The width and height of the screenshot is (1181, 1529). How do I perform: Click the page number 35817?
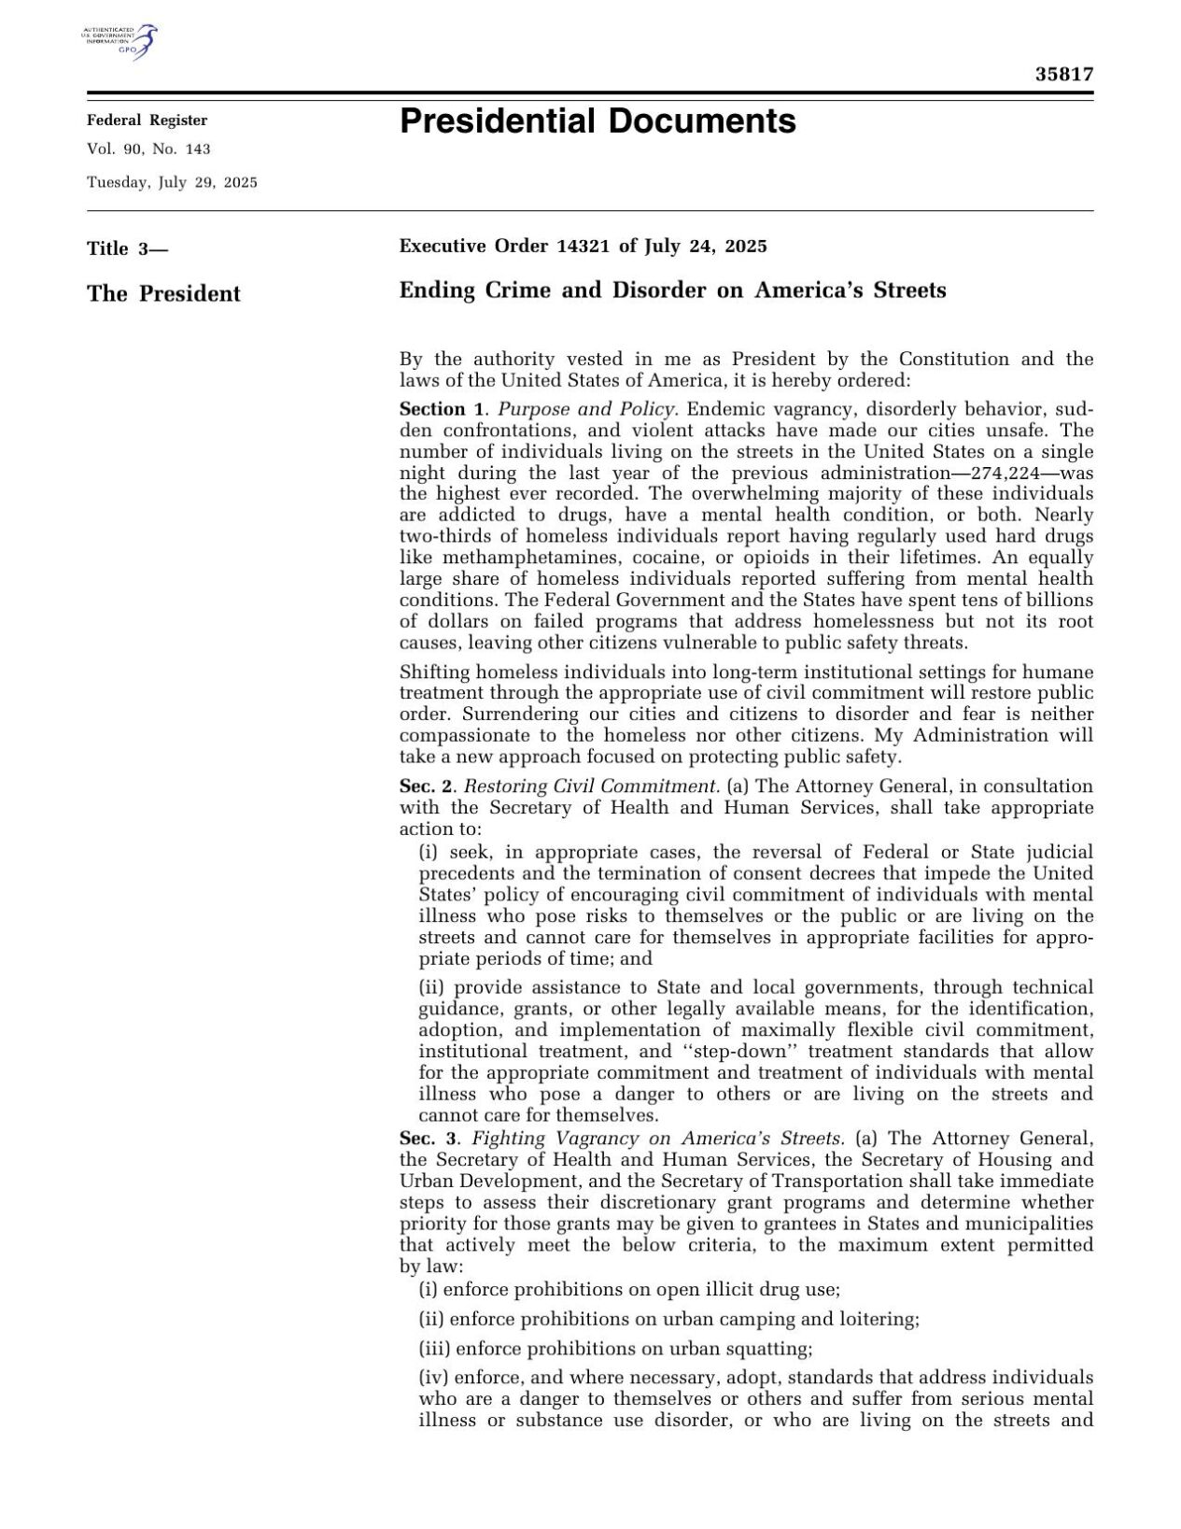(1063, 75)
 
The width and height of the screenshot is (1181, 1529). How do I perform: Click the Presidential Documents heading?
(598, 121)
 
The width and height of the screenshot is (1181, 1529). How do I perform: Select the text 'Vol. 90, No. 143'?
(148, 149)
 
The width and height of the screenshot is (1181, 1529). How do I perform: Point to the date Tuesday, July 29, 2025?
(172, 182)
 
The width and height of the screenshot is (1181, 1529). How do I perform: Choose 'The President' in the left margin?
(163, 293)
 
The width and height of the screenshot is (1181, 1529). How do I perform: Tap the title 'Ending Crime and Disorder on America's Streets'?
(672, 290)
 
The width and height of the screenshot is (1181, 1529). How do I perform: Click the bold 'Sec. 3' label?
(429, 1139)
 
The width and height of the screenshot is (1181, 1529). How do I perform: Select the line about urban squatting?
(615, 1349)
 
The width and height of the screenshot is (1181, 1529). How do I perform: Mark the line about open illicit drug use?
(629, 1290)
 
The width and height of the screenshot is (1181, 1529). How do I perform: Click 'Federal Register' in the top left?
(148, 120)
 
